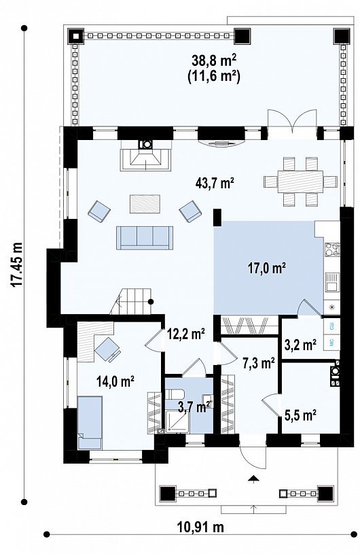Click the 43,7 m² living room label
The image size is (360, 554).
[215, 183]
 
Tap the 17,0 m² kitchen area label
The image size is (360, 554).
[266, 269]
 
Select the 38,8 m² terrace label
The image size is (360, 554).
[214, 60]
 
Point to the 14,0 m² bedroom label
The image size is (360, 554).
[115, 381]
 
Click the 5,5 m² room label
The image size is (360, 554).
[300, 415]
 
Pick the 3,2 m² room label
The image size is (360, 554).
[300, 344]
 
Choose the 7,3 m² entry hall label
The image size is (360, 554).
[259, 362]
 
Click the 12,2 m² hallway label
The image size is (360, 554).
[186, 334]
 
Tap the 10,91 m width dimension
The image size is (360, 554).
[200, 527]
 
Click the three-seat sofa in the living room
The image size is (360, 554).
[145, 238]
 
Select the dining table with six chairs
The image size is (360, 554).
[300, 181]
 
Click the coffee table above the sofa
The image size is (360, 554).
[145, 204]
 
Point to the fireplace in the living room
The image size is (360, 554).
[145, 156]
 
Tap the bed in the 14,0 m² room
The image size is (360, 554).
[90, 423]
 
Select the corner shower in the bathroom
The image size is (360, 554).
[177, 421]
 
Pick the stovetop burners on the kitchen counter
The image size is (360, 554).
[331, 249]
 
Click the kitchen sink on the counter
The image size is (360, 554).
[331, 282]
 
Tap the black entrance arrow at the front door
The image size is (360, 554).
[253, 479]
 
